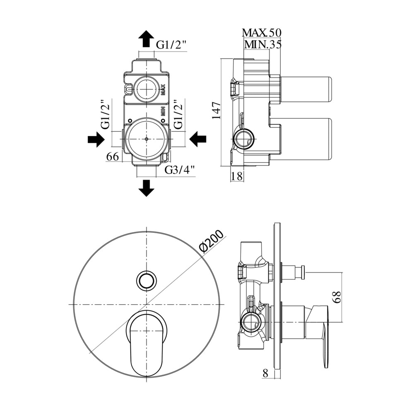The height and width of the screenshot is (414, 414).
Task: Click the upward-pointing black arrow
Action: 146,39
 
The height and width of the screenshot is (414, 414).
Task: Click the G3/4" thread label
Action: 180,171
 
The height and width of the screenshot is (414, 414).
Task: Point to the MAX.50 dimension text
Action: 262,33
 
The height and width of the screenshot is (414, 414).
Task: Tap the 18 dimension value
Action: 237,176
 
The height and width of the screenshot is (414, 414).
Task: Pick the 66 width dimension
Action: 113,157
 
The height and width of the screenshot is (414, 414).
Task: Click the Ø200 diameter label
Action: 211,242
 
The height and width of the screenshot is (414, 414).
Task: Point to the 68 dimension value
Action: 337,297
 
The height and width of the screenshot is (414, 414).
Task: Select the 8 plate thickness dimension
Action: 265,373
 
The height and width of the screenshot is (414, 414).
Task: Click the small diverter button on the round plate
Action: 146,280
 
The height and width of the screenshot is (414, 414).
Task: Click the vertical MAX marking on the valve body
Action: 163,89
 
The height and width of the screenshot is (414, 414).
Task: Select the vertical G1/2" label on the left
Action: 105,114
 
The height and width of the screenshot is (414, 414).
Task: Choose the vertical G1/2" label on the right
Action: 178,114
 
